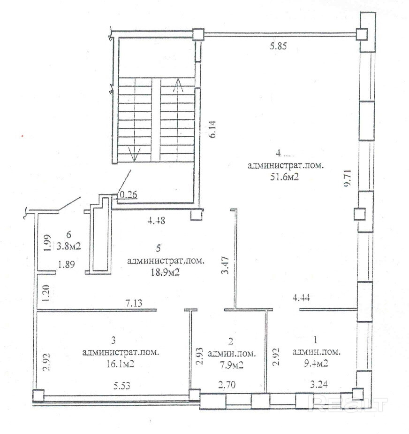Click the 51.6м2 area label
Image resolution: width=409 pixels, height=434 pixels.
284,177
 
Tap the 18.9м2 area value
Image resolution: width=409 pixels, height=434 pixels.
165,272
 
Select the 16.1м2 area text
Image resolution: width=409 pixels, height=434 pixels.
120,364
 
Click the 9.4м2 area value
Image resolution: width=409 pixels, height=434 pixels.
316,363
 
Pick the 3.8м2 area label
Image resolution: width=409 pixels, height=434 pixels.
69,246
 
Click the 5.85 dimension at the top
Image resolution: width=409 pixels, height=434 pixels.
278,46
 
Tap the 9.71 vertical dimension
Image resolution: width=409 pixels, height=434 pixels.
348,178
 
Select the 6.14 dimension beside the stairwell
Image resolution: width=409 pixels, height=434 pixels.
212,130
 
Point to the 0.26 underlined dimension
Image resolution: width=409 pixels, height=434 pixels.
129,195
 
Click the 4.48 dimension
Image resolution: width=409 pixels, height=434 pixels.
156,221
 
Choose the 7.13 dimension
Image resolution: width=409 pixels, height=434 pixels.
134,303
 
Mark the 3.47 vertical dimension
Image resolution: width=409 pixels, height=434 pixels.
225,265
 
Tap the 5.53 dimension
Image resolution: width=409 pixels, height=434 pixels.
122,386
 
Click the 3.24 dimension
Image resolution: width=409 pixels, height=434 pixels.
318,385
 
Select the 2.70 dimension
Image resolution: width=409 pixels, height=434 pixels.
227,385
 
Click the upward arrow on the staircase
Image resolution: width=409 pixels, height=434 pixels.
178,85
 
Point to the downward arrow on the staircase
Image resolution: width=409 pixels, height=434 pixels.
134,154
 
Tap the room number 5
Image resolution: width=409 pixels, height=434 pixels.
158,248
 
